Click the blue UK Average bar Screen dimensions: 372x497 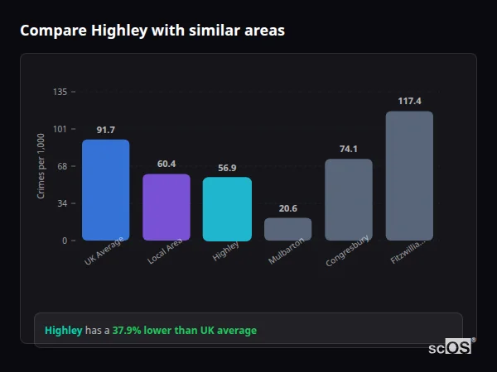[105, 190]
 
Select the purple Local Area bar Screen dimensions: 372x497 [166, 207]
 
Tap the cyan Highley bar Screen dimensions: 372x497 [227, 209]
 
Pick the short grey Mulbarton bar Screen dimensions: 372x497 [287, 229]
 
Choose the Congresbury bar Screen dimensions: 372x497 [348, 199]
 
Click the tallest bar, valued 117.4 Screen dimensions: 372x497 [409, 176]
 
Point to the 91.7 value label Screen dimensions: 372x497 [105, 131]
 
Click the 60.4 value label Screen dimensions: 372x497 [166, 165]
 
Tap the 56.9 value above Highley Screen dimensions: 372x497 [227, 168]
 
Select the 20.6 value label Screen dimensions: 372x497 [287, 208]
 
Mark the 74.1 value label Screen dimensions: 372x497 [348, 150]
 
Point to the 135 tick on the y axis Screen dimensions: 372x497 [60, 92]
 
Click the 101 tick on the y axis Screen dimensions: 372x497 [60, 129]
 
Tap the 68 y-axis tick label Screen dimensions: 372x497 [62, 166]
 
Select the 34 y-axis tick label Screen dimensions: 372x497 [62, 203]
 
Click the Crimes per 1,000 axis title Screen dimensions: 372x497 [41, 166]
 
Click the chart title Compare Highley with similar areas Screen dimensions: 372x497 [152, 31]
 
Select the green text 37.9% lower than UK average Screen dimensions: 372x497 [184, 331]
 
